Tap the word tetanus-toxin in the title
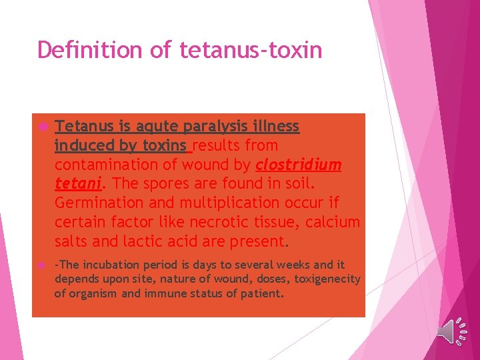pos(251,50)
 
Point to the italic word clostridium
pos(298,165)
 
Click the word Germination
pos(99,203)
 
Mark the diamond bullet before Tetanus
pos(41,127)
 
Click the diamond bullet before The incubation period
pos(41,265)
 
